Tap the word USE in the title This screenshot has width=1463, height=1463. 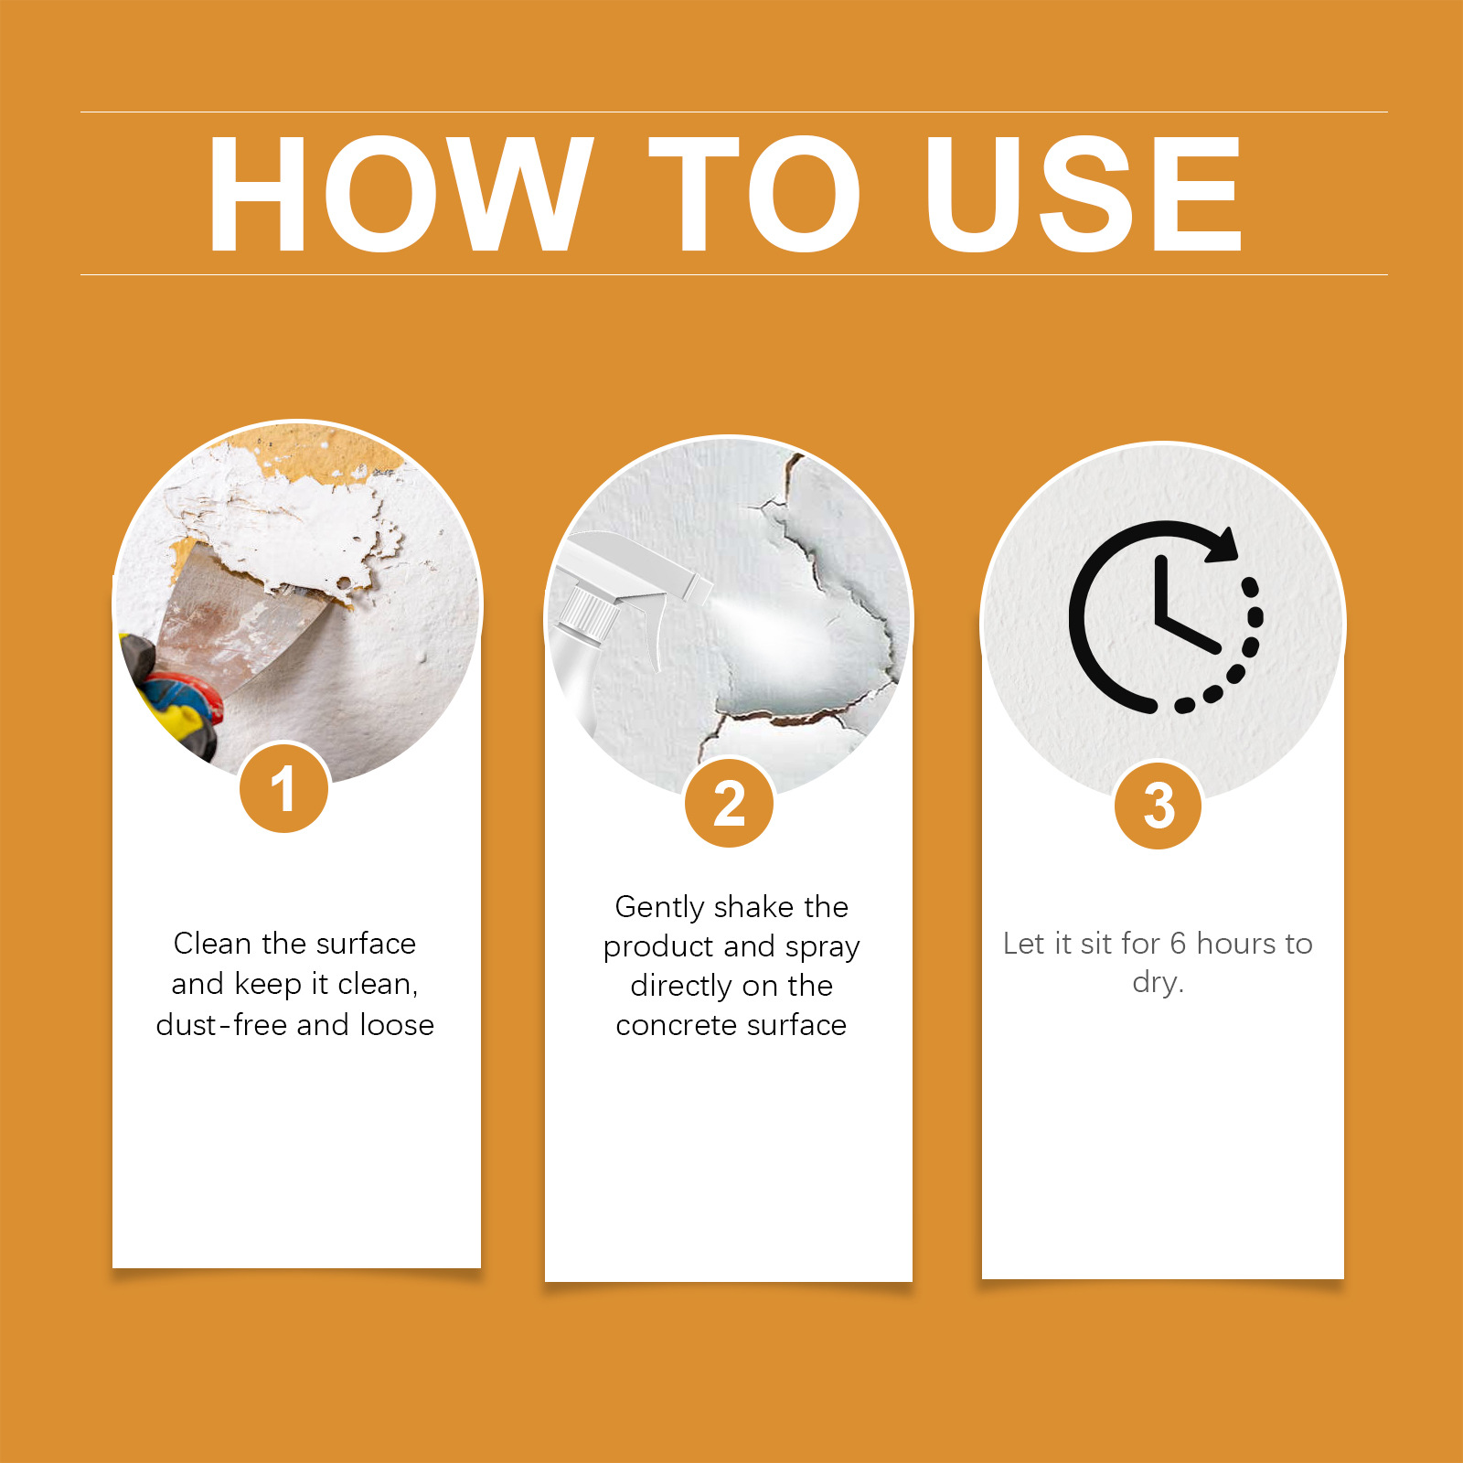click(x=1083, y=193)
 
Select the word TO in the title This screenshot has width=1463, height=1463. click(x=754, y=193)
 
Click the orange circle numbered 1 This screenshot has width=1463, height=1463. click(x=284, y=787)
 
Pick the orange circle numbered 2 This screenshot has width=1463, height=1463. click(x=730, y=803)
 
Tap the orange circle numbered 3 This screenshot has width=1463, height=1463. click(x=1159, y=806)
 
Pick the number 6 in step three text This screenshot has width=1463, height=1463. click(x=1178, y=943)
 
